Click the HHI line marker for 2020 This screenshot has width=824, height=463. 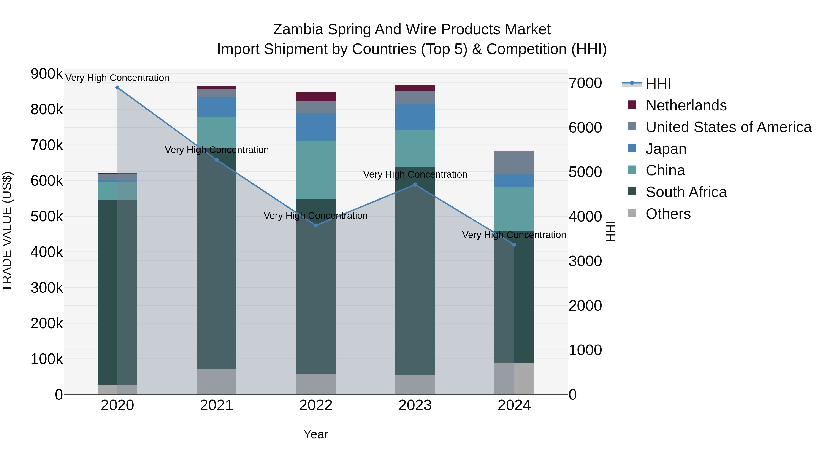click(117, 88)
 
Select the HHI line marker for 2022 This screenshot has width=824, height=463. click(316, 226)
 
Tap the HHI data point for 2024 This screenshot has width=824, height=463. click(514, 245)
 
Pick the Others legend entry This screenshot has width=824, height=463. click(668, 214)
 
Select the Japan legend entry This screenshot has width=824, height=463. click(666, 149)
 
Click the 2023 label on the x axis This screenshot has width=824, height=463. click(415, 405)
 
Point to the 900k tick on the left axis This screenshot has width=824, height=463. click(47, 74)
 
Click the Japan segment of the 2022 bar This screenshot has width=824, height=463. click(316, 127)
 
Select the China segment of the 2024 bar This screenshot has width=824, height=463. click(514, 209)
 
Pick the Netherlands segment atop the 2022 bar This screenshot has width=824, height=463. click(316, 96)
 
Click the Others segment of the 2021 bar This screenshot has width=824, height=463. click(217, 382)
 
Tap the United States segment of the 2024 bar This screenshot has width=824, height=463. click(514, 163)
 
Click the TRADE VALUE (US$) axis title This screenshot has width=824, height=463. click(7, 231)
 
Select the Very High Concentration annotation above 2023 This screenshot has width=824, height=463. click(415, 174)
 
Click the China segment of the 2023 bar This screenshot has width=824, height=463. click(415, 149)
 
